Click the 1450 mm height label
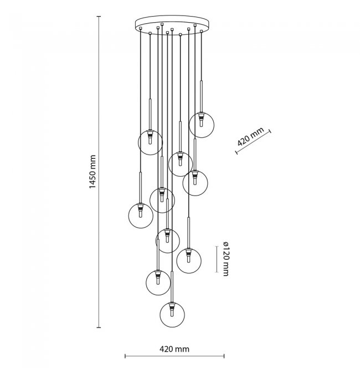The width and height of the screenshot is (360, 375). click(92, 172)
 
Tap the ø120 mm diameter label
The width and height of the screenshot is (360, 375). click(225, 259)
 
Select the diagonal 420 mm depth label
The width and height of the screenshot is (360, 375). click(250, 137)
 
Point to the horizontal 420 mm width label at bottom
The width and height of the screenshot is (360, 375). click(174, 349)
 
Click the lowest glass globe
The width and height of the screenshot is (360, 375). click(172, 315)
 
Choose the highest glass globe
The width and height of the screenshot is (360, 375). click(202, 125)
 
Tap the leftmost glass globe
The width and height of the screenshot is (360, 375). click(141, 215)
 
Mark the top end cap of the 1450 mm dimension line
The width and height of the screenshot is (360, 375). click(99, 17)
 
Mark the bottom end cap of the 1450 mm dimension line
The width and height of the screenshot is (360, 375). click(99, 327)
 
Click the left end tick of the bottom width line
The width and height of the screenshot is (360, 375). click(125, 356)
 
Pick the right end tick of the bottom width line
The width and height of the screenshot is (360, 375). click(224, 356)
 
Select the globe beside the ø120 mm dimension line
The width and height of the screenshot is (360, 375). click(189, 261)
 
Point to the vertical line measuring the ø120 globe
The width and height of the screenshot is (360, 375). click(217, 259)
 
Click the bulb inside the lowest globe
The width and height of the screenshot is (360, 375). click(172, 312)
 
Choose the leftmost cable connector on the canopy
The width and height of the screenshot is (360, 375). click(141, 28)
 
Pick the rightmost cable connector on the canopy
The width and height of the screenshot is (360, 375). click(202, 31)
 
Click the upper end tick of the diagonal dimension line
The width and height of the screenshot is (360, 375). click(270, 131)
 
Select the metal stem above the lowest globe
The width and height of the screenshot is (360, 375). click(172, 287)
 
